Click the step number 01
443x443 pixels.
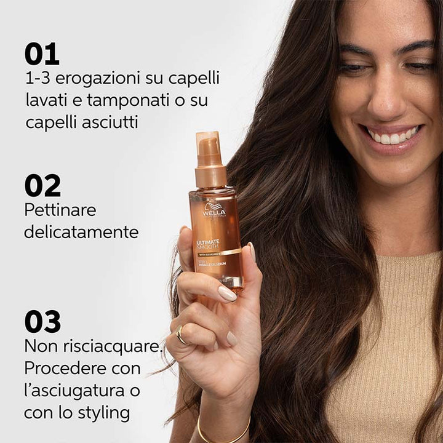click(42, 54)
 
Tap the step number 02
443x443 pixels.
click(42, 186)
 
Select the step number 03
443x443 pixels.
click(42, 321)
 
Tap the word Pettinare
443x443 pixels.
click(60, 210)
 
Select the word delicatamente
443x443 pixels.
click(81, 232)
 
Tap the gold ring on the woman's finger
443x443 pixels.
click(180, 334)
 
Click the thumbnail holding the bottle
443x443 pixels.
click(226, 293)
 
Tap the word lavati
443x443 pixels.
click(47, 100)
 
